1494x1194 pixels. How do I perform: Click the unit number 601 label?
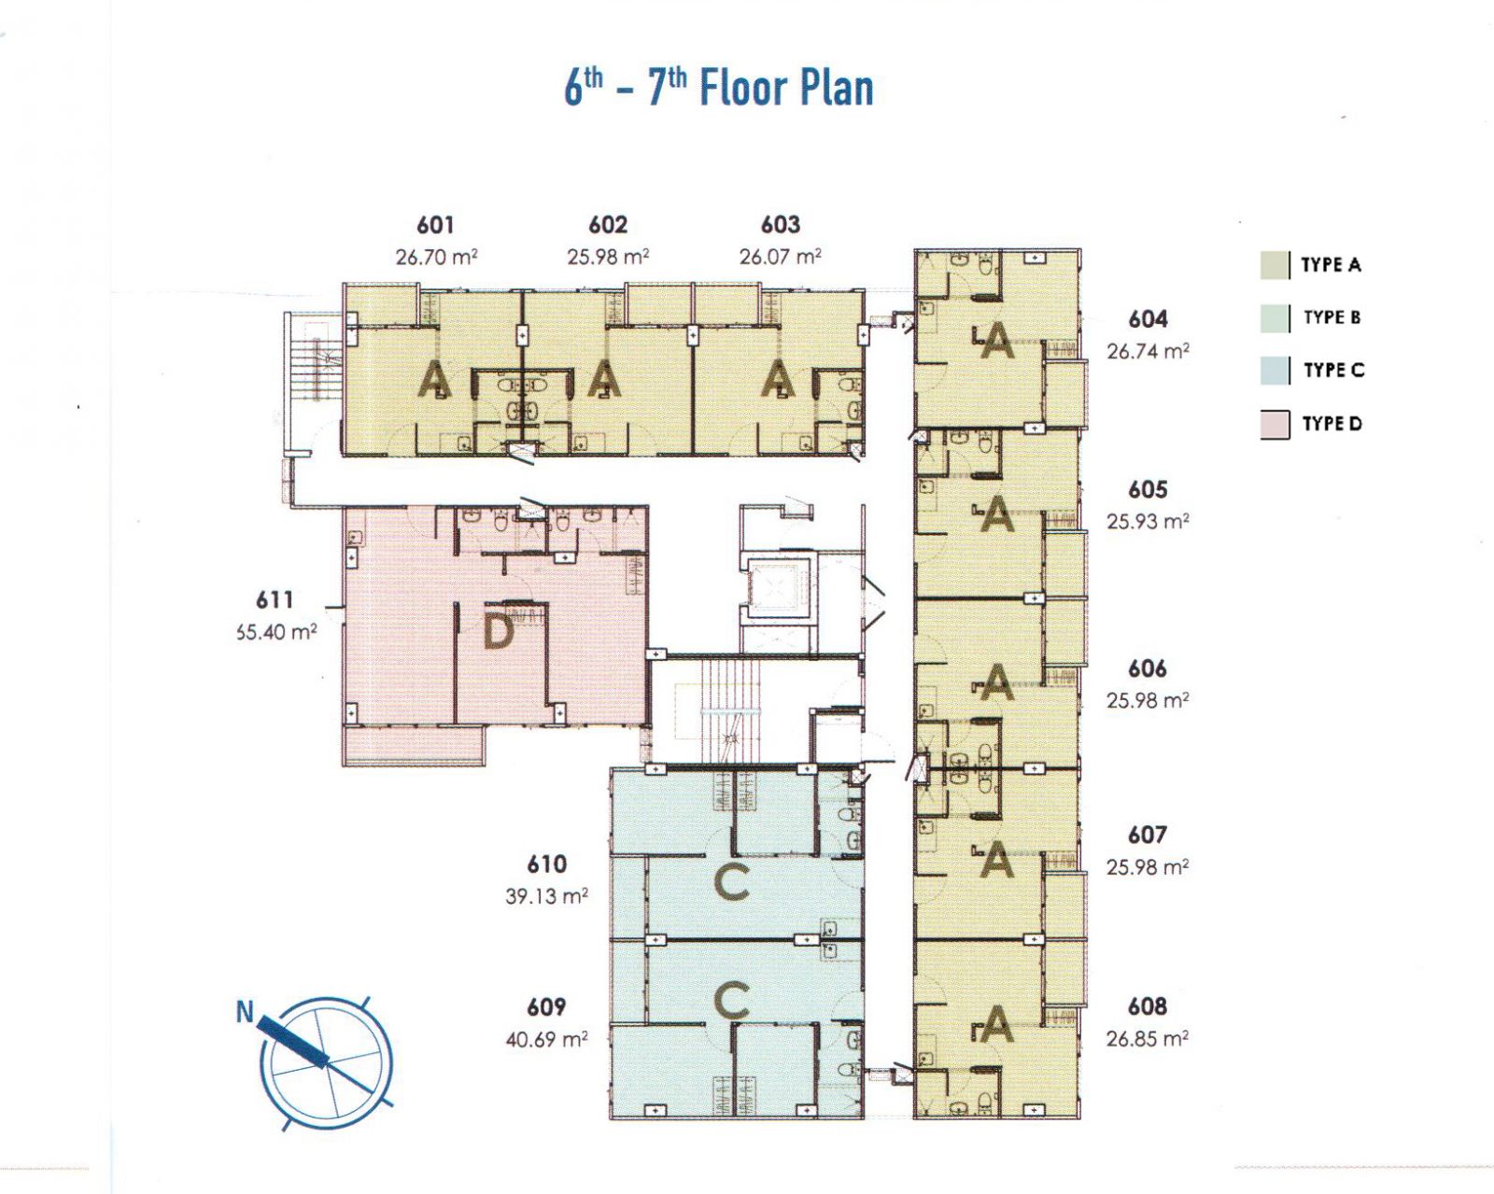pos(435,225)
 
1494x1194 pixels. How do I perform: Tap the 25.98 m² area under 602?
pos(608,258)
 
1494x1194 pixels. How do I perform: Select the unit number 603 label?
pos(781,225)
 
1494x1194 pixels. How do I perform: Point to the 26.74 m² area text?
pos(1148,351)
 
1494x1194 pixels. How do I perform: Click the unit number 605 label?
pos(1147,489)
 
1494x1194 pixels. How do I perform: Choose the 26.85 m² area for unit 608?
pos(1147,1038)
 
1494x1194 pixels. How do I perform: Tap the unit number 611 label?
pos(275,599)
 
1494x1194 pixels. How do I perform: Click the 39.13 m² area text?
pos(547,896)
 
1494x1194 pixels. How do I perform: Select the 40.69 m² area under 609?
pos(547,1038)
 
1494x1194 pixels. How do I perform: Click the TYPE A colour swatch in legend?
pos(1275,265)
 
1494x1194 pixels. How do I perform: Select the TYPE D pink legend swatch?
pos(1275,425)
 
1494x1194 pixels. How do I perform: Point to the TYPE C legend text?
pos(1333,371)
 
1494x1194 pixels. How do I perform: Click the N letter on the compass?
pos(245,1013)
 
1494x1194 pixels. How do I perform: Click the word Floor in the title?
pos(744,89)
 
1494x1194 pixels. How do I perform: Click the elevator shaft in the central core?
pos(778,587)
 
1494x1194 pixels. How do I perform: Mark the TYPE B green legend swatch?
pos(1275,318)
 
